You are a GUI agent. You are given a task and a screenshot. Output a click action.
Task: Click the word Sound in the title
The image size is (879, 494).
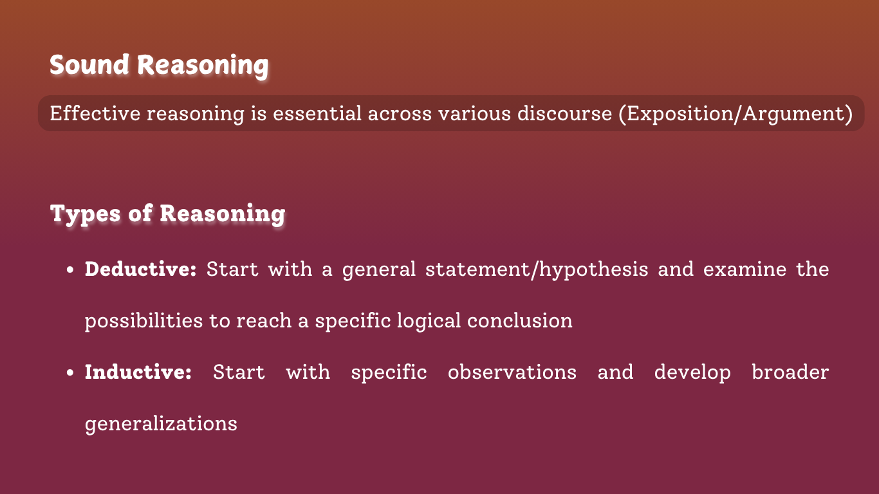point(89,64)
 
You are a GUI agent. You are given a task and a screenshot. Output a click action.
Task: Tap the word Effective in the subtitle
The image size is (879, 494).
point(95,113)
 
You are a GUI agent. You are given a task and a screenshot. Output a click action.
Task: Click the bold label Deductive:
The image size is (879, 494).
point(140,269)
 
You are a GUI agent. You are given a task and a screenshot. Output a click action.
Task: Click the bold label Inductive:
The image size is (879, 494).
point(138,372)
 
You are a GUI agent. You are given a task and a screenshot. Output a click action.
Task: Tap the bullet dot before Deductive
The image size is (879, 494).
point(70,270)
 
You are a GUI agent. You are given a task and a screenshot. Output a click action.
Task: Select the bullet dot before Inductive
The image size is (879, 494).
point(70,372)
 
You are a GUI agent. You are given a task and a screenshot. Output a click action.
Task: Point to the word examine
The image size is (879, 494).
point(745,269)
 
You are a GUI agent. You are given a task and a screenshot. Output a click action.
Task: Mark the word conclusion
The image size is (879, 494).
point(520,320)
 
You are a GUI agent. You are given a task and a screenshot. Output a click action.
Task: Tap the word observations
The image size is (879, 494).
point(512,372)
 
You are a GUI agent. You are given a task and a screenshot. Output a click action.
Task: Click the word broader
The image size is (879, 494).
point(790,372)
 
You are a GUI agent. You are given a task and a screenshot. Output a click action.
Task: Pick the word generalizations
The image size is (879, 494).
point(161,424)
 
